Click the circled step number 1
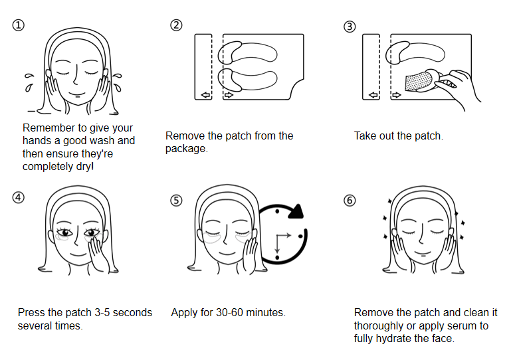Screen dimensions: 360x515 [x=19, y=25]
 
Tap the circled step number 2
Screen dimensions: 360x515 [x=176, y=25]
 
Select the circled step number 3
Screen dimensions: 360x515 [x=350, y=27]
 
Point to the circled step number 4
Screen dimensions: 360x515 [x=19, y=197]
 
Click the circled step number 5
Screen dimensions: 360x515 [x=176, y=200]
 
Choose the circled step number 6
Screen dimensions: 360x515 [x=350, y=200]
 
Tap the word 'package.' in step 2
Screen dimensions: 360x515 [x=187, y=148]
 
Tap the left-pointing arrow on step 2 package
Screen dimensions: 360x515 [x=206, y=96]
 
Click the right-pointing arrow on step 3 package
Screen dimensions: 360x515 [x=397, y=96]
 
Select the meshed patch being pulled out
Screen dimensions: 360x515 [x=416, y=82]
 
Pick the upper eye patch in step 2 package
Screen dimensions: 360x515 [x=253, y=52]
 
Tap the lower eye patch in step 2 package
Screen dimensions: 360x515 [x=253, y=79]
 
